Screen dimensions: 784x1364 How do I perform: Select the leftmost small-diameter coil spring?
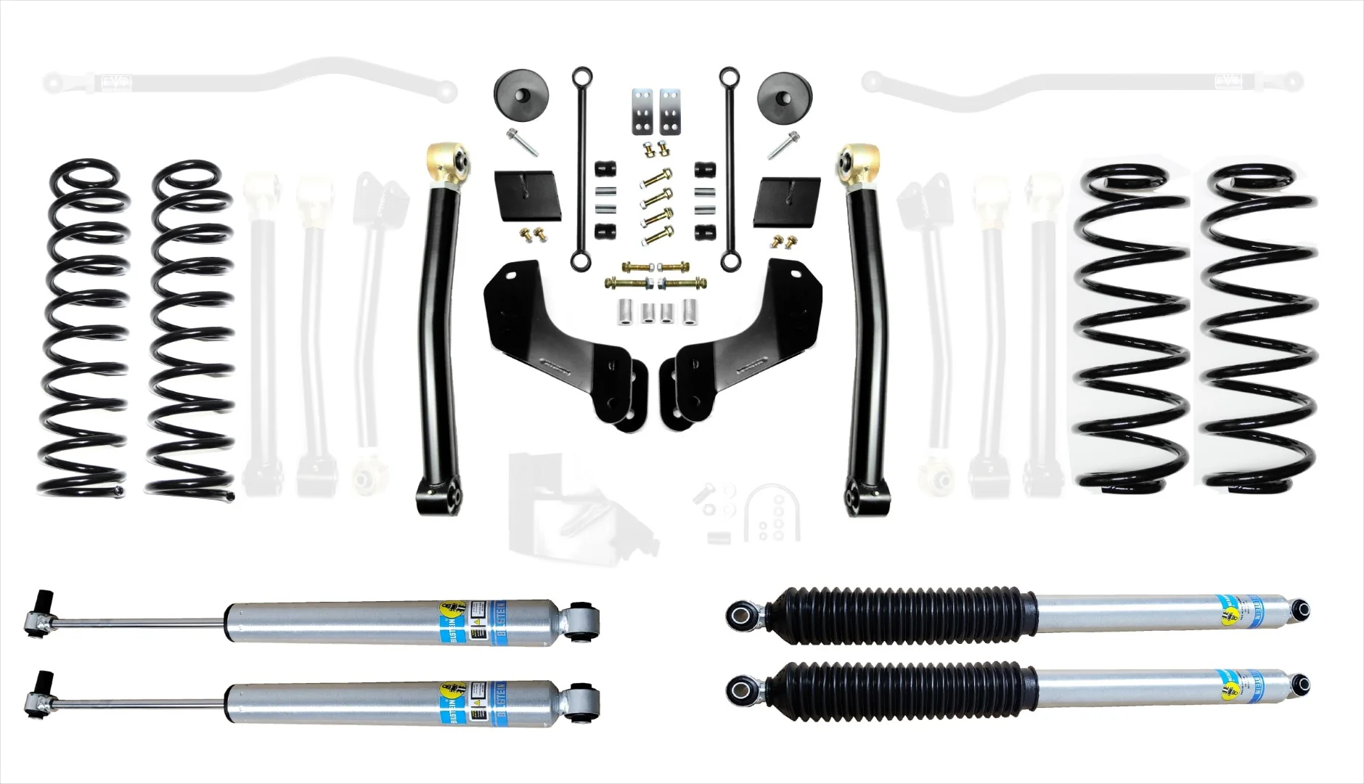pos(86,327)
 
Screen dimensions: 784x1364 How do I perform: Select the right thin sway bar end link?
pos(727,167)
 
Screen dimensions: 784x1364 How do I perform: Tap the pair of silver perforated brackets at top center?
pos(653,110)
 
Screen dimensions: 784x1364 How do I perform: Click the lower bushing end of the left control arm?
pos(442,493)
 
